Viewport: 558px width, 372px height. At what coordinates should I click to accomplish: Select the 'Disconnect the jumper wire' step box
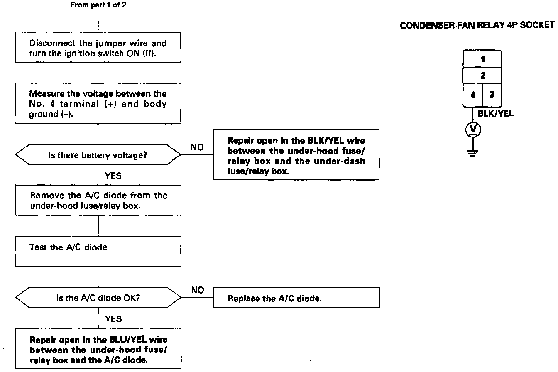tap(98, 48)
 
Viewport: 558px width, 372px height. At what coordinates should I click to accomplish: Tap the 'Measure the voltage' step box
tap(98, 104)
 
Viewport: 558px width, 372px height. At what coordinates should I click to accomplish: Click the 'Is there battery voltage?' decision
tap(98, 156)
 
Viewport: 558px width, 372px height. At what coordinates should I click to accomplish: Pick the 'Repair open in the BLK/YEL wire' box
tap(296, 154)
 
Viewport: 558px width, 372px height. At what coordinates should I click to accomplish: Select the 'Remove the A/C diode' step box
tap(98, 200)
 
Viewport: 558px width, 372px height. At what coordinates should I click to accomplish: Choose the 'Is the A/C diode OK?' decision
tap(98, 298)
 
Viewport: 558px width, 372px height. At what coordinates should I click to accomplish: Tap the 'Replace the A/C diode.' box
tap(296, 298)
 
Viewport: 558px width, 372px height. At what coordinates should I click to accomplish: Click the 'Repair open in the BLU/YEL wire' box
tap(98, 349)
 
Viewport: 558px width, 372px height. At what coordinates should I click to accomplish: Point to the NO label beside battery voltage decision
tap(198, 147)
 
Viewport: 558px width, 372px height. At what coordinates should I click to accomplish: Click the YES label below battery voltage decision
tap(113, 176)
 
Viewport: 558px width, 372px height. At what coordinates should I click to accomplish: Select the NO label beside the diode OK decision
tap(198, 290)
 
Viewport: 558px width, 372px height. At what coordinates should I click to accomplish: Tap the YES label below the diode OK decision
tap(113, 319)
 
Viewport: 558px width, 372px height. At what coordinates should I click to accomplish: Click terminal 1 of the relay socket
tap(482, 59)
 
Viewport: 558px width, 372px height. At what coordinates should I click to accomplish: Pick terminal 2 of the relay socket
tap(482, 76)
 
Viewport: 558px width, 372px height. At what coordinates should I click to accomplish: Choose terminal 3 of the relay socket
tap(492, 95)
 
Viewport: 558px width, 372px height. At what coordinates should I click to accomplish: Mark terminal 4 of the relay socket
tap(473, 95)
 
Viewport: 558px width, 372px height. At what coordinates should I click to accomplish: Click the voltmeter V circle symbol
tap(473, 130)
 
